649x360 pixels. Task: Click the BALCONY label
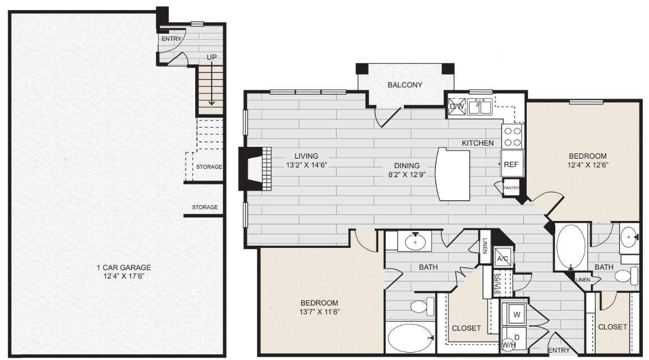(404, 85)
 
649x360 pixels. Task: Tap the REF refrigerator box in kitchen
(511, 164)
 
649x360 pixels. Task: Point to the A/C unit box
(503, 258)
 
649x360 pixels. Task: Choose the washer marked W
(517, 315)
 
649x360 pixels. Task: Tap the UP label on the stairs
(211, 57)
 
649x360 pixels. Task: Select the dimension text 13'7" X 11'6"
(319, 311)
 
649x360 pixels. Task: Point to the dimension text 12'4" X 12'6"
(587, 165)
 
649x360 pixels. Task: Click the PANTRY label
(511, 188)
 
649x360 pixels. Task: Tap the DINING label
(407, 165)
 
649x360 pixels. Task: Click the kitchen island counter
(454, 174)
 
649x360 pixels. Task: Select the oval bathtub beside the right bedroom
(570, 247)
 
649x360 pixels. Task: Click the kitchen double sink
(480, 106)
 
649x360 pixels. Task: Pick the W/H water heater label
(509, 345)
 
